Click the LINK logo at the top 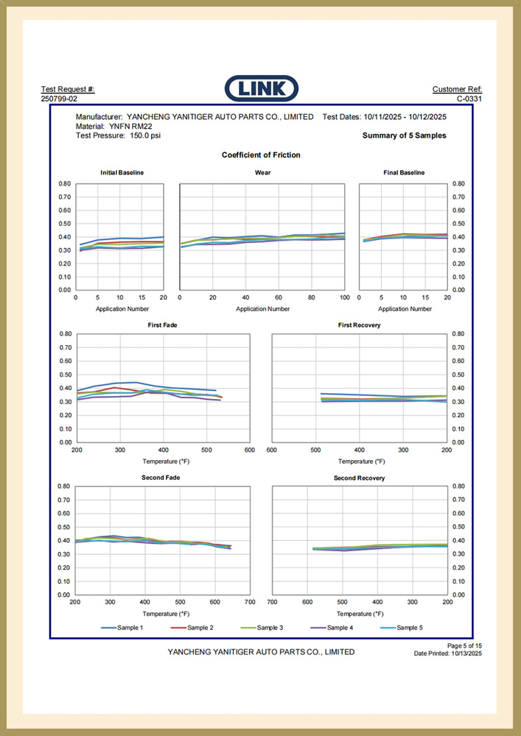pyautogui.click(x=261, y=89)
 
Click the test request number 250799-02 pyautogui.click(x=59, y=99)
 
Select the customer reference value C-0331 pyautogui.click(x=469, y=99)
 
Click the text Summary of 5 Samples pyautogui.click(x=404, y=135)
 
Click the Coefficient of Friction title pyautogui.click(x=261, y=155)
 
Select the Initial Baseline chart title pyautogui.click(x=122, y=172)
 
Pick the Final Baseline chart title pyautogui.click(x=404, y=172)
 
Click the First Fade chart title pyautogui.click(x=162, y=325)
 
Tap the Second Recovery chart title pyautogui.click(x=359, y=478)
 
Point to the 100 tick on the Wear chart pyautogui.click(x=344, y=298)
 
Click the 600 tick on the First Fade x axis pyautogui.click(x=250, y=450)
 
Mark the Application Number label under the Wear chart pyautogui.click(x=262, y=309)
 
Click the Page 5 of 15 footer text pyautogui.click(x=464, y=645)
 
